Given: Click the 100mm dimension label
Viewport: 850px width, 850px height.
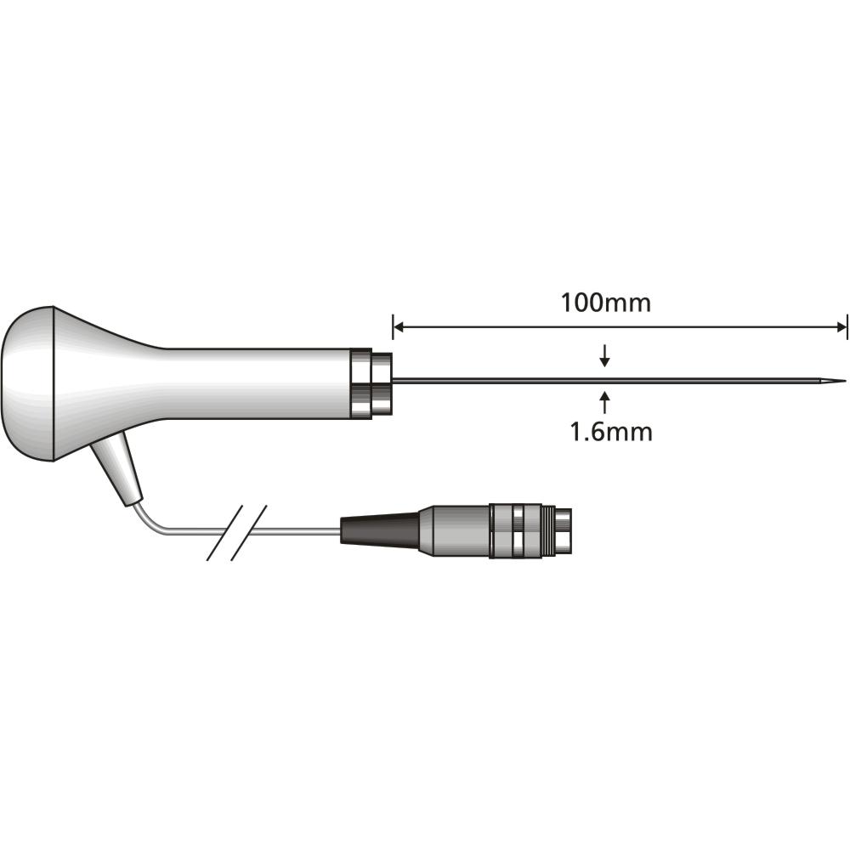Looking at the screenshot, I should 606,303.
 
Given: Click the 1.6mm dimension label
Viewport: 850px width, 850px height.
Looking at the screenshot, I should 610,432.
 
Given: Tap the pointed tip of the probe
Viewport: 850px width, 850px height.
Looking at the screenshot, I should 843,380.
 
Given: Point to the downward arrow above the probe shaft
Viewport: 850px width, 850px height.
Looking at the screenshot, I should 604,357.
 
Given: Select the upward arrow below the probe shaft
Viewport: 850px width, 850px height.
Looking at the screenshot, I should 604,400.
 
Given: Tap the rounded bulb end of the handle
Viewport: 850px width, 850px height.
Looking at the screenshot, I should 30,382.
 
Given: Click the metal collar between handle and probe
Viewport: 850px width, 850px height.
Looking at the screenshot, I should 371,383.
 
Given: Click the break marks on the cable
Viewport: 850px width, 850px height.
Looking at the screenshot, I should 237,533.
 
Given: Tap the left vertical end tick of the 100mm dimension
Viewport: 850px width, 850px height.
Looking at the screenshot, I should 393,326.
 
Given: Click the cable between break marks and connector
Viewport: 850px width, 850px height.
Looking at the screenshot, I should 297,533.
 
